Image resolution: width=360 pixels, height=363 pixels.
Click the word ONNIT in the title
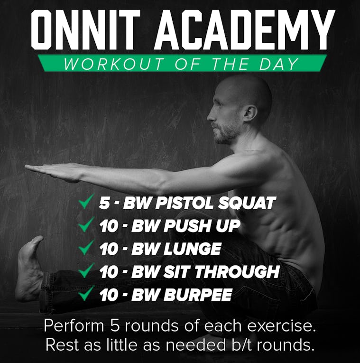pos(85,29)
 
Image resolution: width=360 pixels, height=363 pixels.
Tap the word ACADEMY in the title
pos(245,29)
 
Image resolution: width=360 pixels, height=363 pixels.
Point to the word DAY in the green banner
pos(278,64)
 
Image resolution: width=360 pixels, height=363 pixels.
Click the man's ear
pos(250,113)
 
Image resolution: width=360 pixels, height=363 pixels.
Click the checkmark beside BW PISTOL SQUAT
pos(86,201)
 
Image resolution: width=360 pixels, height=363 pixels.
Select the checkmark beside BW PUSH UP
pos(86,224)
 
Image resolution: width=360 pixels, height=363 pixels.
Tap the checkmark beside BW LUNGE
pos(86,247)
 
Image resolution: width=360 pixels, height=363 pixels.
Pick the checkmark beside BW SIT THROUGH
pos(86,270)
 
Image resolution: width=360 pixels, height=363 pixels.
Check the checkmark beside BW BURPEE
pos(86,293)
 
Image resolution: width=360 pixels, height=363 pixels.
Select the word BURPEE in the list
pos(199,295)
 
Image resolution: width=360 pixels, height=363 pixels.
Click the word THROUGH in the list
pos(237,272)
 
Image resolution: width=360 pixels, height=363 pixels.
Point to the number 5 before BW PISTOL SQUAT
pos(104,203)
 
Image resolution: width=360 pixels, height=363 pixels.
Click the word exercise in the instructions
pos(282,326)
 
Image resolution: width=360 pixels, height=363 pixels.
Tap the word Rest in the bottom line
pos(62,344)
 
